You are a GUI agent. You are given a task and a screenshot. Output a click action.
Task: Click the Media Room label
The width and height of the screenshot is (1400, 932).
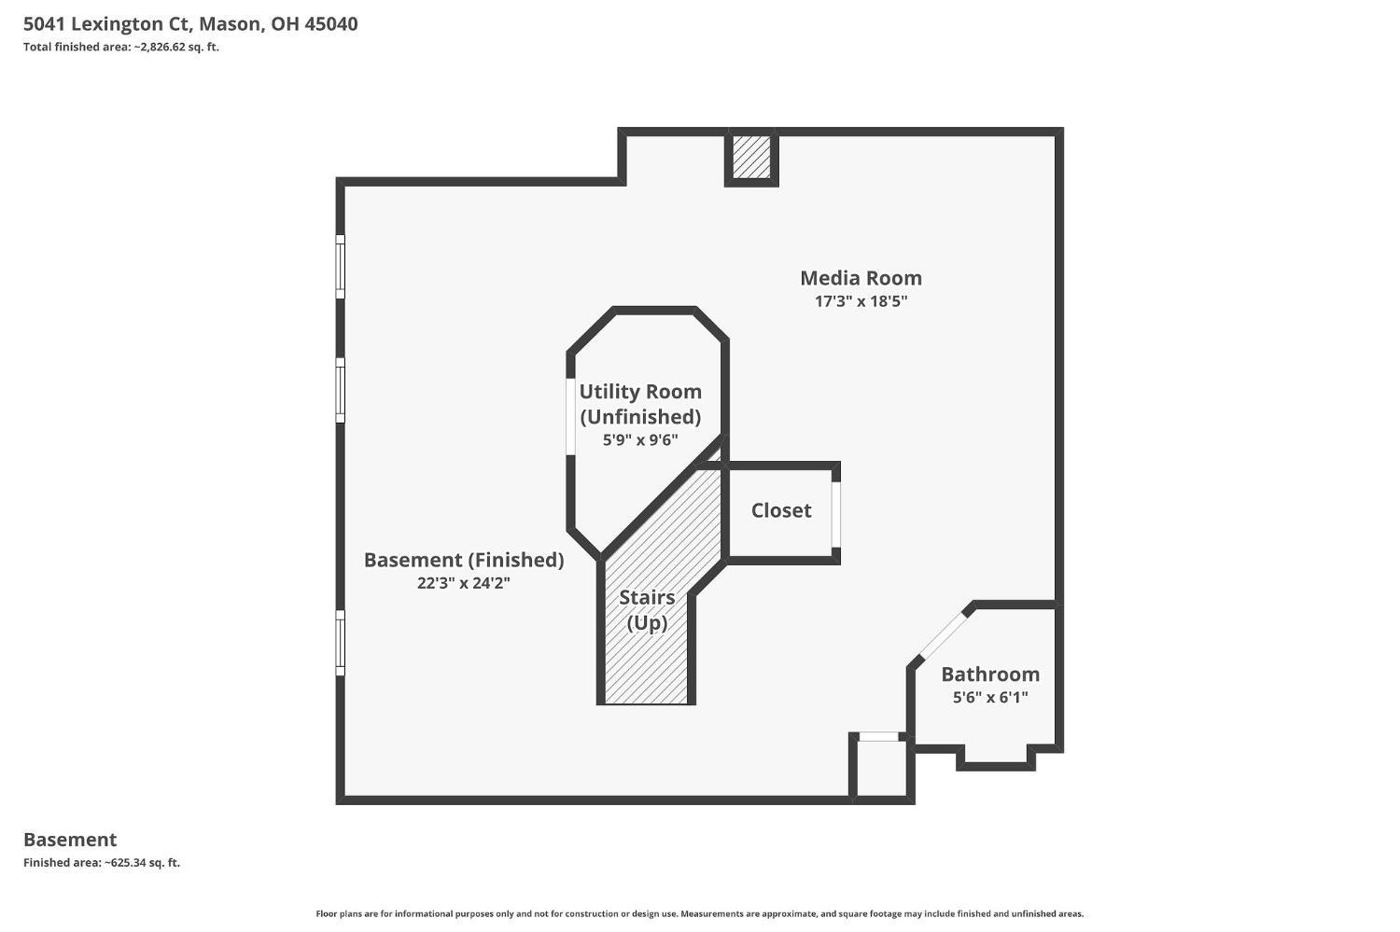coord(861,278)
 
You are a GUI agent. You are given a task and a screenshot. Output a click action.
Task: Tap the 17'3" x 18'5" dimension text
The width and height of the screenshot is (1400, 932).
coord(861,301)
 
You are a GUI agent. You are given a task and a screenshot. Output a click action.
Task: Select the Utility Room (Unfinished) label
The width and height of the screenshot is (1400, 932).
coord(640,404)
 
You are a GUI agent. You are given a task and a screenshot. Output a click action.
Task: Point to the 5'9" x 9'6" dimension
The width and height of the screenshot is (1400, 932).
coord(640,439)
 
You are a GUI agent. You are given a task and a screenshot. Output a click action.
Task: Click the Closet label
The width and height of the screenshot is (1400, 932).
coord(781,510)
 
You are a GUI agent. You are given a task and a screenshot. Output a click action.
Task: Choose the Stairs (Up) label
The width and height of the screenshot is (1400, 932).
coord(647,610)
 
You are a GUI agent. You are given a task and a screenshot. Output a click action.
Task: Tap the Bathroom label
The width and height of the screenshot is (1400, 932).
coord(990,674)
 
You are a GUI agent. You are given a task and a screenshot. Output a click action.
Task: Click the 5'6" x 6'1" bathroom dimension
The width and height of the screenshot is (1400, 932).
coord(990,697)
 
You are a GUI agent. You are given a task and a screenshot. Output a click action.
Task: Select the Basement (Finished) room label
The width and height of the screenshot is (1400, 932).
coord(464,561)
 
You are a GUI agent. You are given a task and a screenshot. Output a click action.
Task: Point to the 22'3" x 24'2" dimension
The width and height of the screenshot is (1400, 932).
coord(464,583)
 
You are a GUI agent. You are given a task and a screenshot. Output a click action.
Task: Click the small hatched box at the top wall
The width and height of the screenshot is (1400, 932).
coord(751,157)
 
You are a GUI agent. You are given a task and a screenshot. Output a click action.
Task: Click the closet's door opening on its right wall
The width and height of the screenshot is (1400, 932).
coord(835,514)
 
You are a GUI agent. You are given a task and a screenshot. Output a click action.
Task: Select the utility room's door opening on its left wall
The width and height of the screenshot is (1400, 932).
coord(570,416)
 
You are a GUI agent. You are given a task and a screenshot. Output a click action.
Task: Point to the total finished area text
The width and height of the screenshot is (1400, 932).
coord(121,47)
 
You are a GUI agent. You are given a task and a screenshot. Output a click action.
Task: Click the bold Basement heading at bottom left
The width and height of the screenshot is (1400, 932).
coord(70,840)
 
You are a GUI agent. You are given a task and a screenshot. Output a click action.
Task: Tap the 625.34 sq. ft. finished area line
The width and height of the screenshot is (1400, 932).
coord(101,863)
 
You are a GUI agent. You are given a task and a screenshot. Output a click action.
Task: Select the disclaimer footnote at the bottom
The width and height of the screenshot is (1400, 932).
coord(699,914)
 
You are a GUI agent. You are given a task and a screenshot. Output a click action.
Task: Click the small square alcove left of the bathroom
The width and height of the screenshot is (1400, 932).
coord(881,768)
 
